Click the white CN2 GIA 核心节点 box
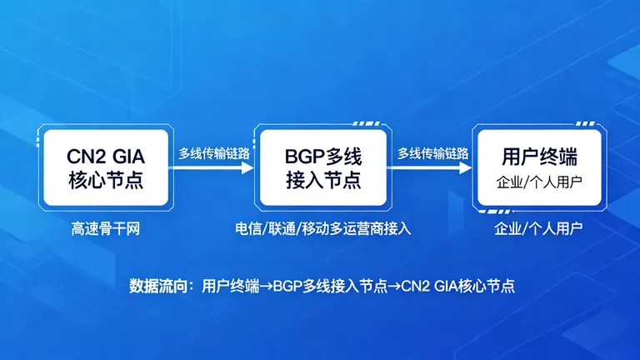105,167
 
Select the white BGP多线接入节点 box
322,167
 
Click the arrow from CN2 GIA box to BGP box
213,167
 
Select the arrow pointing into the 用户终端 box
431,167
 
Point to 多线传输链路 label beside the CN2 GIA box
214,153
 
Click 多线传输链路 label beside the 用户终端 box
432,153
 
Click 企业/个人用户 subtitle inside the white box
538,182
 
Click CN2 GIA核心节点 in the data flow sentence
458,286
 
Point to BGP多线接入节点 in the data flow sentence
332,286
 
